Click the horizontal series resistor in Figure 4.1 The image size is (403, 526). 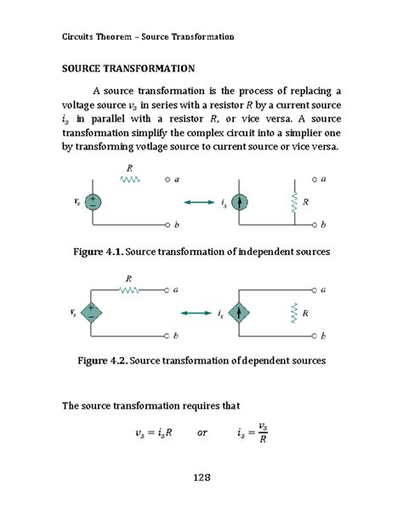click(x=129, y=179)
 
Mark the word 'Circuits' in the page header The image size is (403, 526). click(x=82, y=37)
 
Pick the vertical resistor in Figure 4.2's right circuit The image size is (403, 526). click(x=294, y=314)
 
